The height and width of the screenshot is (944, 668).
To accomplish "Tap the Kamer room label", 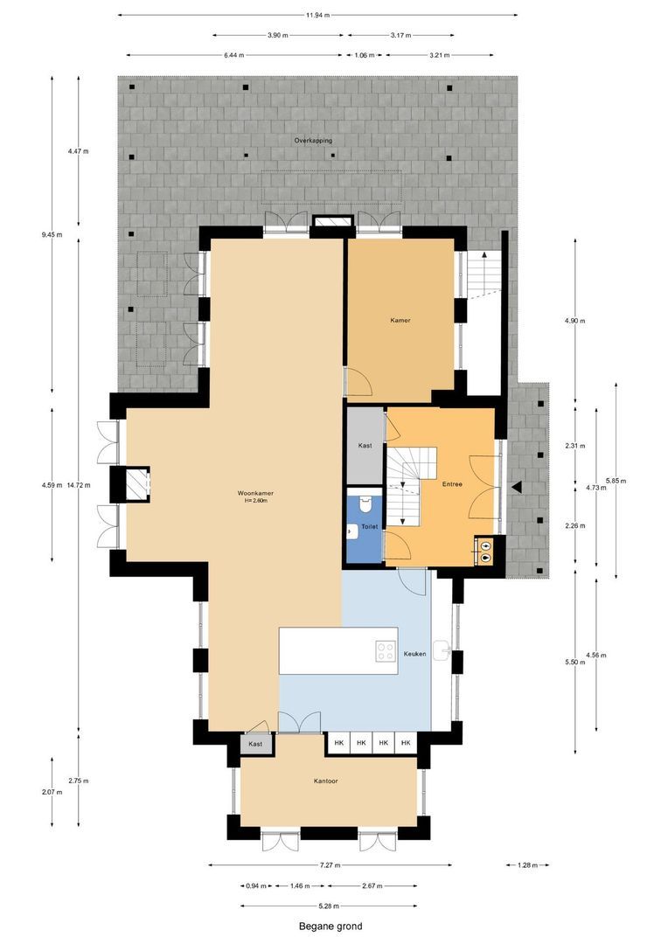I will click(x=400, y=321).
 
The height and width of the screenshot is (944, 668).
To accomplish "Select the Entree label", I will click(x=452, y=483).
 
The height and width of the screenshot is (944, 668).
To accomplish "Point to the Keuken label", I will click(x=414, y=654).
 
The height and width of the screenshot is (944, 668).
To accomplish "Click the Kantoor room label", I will click(x=326, y=781).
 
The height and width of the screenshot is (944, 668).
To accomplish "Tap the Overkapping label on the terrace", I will click(x=312, y=140).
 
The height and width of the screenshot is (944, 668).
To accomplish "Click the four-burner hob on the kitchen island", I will click(x=385, y=651).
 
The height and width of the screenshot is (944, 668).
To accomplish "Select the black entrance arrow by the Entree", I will click(x=518, y=486).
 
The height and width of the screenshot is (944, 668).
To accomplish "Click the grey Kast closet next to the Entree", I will click(x=365, y=446).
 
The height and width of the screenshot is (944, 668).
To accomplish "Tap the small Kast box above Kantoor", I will click(x=255, y=744).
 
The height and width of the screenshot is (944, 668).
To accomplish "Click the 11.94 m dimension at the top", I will click(x=317, y=15).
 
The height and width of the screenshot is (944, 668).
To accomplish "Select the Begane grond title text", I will click(x=331, y=927).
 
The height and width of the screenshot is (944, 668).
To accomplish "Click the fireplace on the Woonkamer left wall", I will click(x=135, y=483).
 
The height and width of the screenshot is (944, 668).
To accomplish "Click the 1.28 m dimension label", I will click(x=527, y=865).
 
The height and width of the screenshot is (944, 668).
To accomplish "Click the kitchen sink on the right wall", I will click(x=447, y=651).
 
